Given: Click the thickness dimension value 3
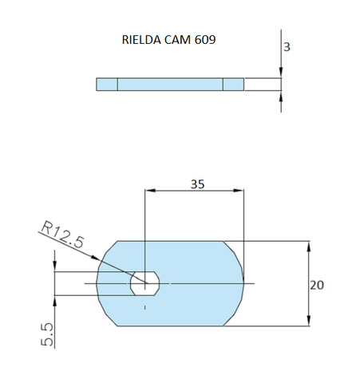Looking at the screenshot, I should coord(287,47).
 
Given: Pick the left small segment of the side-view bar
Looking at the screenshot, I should coord(107,85).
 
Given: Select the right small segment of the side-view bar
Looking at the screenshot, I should coord(233,85).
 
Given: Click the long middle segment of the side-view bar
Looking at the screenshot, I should coord(170,85).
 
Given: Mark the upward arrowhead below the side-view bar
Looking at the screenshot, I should coord(281,96).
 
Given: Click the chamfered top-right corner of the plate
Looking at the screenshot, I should coord(233,251).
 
